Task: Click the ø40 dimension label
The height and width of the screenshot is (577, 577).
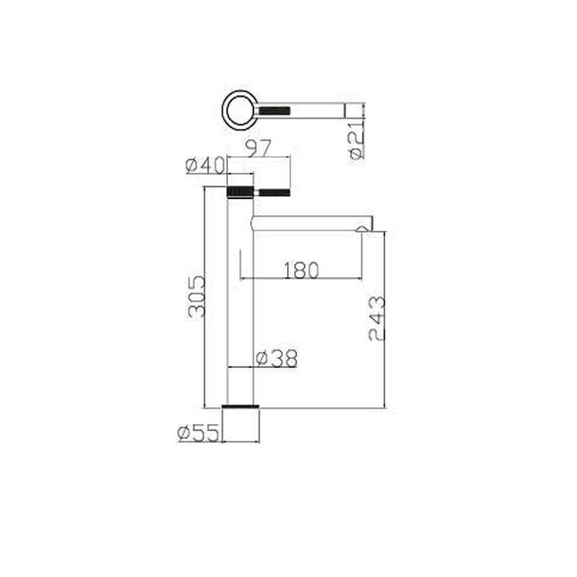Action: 205,165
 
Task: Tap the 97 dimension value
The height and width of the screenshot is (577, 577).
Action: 258,148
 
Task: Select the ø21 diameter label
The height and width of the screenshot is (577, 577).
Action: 356,141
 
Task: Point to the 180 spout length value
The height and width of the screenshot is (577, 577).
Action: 301,270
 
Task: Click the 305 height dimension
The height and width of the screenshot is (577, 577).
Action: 195,296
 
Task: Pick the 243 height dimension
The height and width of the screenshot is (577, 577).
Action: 376,319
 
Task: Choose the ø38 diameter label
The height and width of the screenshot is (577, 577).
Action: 276,358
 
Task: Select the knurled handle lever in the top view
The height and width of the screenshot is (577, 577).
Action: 275,110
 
